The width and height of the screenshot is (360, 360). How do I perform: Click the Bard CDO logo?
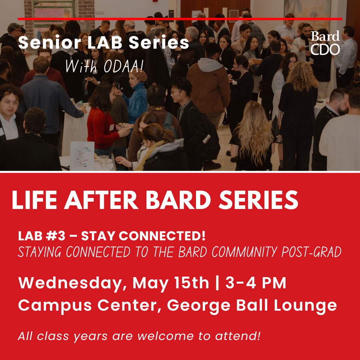325,43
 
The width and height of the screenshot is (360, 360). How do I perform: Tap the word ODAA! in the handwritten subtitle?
124,66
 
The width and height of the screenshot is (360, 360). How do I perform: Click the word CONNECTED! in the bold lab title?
162,236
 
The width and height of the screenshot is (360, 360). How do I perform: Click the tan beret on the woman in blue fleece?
140,75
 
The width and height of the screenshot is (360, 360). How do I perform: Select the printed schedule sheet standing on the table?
82,156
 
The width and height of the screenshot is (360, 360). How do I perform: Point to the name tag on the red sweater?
112,127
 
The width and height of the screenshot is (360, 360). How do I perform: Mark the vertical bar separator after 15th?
217,283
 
